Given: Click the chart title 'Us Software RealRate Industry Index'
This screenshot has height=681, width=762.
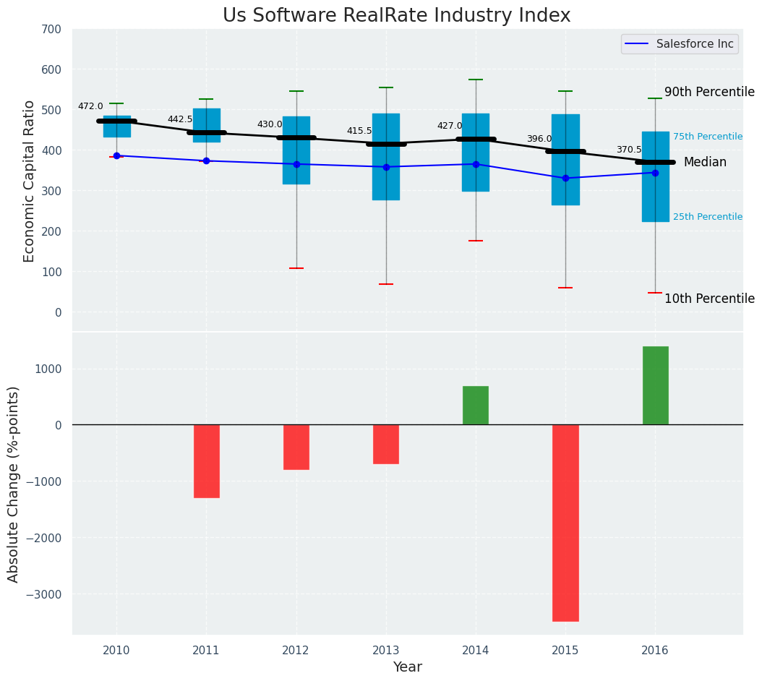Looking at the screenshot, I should coord(396,16).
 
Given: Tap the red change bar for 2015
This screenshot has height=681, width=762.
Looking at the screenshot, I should coord(565,523).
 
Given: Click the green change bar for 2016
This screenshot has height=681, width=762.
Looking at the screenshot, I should coord(655,385).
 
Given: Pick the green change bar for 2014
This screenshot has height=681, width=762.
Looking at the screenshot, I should coord(476,406).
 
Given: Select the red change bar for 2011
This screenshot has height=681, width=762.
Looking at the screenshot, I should coord(207,461).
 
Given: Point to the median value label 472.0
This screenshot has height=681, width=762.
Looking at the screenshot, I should coord(90,107).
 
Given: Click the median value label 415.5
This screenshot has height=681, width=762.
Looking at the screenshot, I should coord(359,132).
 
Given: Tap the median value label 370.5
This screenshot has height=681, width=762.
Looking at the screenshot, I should coord(629,150).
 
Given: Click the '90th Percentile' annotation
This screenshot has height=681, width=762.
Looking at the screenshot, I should coord(709,93).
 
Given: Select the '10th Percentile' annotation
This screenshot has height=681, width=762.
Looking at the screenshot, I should coord(709,299).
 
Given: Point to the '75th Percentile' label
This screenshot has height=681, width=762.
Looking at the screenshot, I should coord(708,137).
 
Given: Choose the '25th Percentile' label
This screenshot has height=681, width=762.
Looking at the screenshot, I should coord(708,217).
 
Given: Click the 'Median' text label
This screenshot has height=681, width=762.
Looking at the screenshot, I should coord(705,163).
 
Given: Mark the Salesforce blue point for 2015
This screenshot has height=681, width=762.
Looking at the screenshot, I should coord(565,178).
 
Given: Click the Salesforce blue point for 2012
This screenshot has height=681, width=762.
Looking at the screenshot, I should coord(296,164).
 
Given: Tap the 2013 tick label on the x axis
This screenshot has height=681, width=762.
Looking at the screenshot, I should coord(386,651).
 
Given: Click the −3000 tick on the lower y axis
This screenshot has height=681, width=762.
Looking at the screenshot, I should coord(45,594).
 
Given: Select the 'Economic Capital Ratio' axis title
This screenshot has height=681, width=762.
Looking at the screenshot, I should coord(30,181).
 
